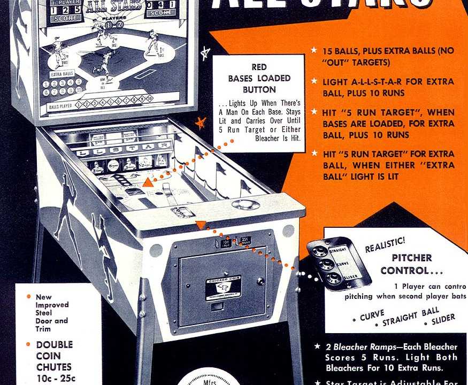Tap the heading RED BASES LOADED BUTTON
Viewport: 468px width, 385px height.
259,78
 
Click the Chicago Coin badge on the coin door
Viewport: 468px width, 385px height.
223,287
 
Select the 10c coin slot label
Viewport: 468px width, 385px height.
226,243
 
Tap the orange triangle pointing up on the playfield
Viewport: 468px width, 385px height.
148,182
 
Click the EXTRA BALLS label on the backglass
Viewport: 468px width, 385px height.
62,74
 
